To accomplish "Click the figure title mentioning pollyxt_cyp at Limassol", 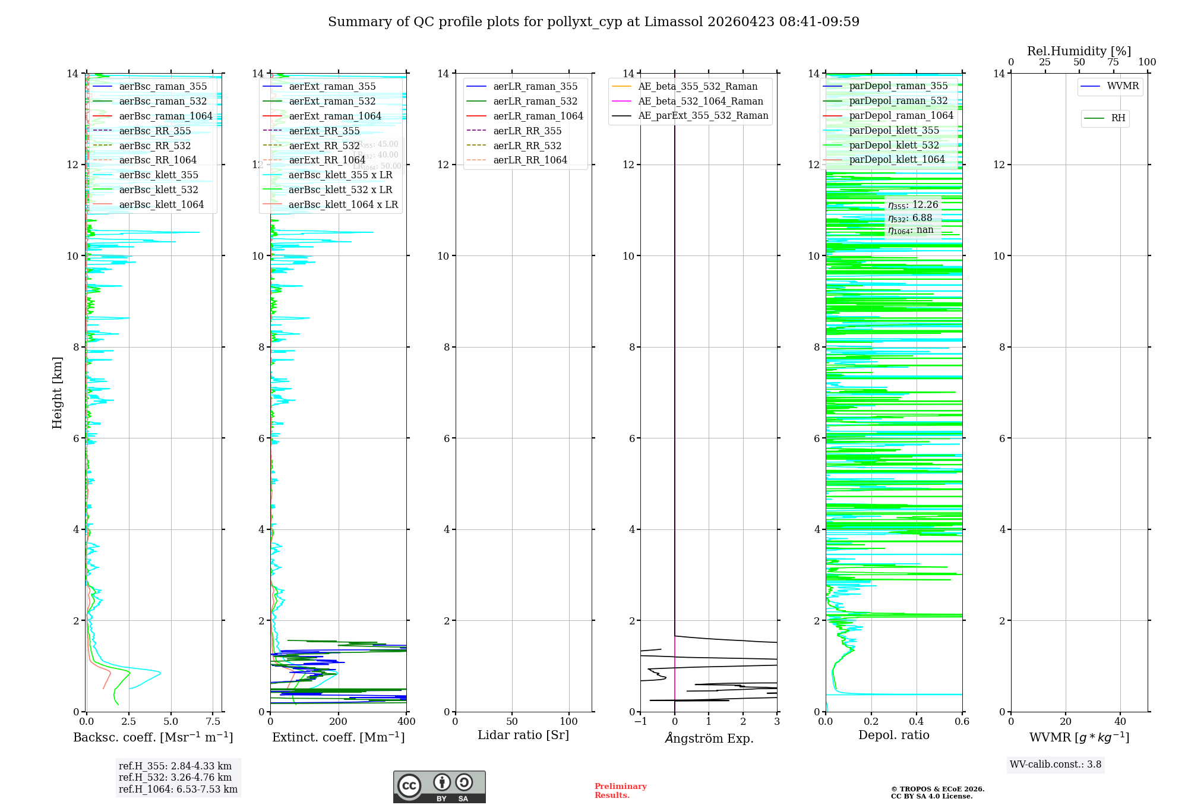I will tap(593, 22).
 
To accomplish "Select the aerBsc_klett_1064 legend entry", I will tap(161, 204).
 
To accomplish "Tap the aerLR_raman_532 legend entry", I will tap(535, 101).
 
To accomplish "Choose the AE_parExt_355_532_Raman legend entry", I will tap(703, 115).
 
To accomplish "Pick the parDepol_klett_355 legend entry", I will tap(894, 130).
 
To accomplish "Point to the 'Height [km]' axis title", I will tap(57, 392).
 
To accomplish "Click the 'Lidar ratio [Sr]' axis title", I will tap(523, 735).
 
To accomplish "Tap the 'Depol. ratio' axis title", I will tap(893, 735).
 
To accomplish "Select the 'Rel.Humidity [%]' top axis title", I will tap(1079, 51).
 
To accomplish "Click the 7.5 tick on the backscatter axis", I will tap(213, 722).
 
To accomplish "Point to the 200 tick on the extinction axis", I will tap(339, 722).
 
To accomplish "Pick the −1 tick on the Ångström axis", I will tap(640, 722).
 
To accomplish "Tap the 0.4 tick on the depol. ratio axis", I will tap(917, 722).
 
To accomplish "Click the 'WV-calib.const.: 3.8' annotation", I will tap(1055, 765).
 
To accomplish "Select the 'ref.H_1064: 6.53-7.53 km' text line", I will tap(178, 790).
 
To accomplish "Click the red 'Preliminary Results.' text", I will tap(620, 791).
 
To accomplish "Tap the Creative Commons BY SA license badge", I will tap(439, 787).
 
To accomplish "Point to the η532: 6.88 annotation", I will tap(910, 218).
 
